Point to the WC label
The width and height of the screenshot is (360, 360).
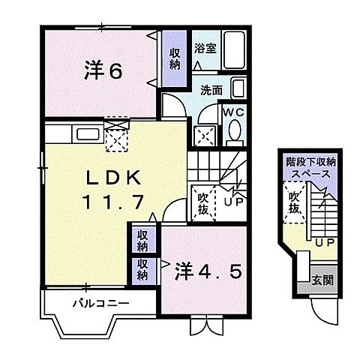pyautogui.click(x=232, y=113)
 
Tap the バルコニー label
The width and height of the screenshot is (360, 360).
pyautogui.click(x=100, y=304)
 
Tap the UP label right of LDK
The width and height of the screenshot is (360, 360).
pyautogui.click(x=232, y=199)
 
